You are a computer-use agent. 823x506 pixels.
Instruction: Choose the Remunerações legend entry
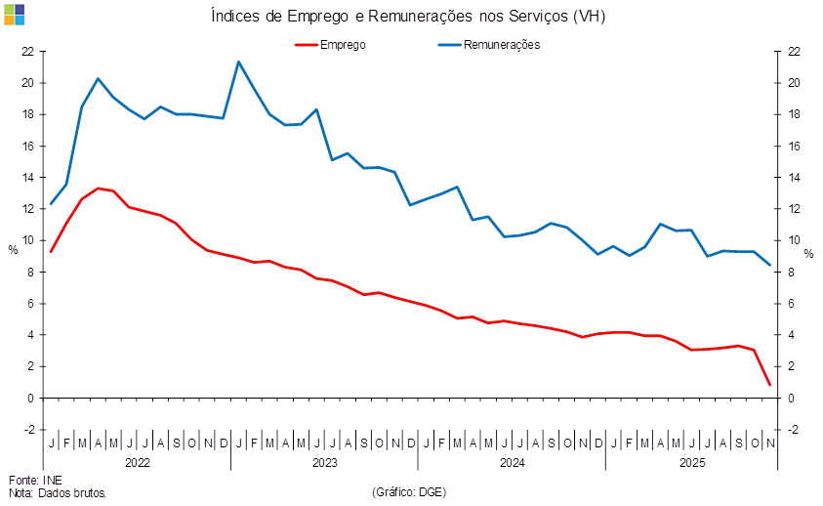tap(488, 45)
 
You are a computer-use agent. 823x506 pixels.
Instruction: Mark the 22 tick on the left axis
tap(28, 52)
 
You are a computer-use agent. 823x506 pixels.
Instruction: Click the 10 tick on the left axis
tap(28, 240)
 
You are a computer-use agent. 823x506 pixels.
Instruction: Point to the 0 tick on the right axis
tap(792, 398)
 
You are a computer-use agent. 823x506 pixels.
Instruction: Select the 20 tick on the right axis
tap(795, 83)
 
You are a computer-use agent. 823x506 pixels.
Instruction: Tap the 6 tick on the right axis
tap(792, 303)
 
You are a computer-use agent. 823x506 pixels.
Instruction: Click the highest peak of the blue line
tap(238, 63)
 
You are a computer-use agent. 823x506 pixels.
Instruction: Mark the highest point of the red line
tap(99, 188)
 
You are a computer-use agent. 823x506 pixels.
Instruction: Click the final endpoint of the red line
tap(770, 385)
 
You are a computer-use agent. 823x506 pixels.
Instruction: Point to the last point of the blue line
tap(770, 265)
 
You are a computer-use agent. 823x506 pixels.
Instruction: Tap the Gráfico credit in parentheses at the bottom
tap(409, 491)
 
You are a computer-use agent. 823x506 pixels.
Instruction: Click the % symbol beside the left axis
tap(12, 249)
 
